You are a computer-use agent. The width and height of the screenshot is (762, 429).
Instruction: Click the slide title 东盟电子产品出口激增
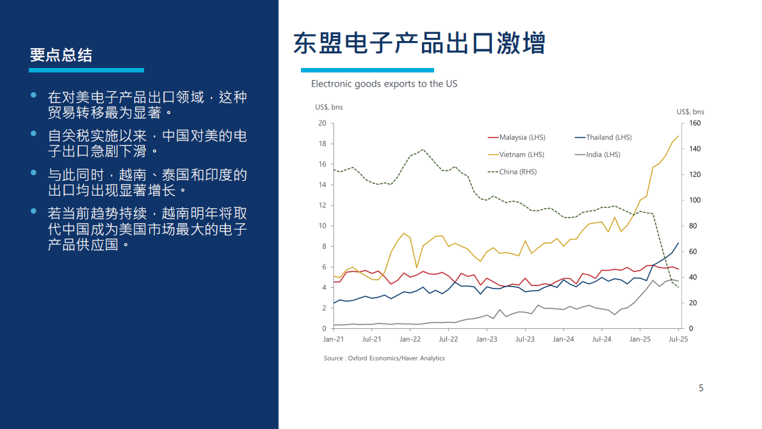pos(419,44)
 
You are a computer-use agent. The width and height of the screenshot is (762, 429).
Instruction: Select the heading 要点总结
pos(61,55)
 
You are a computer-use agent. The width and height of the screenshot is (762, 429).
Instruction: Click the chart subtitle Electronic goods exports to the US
pos(384,84)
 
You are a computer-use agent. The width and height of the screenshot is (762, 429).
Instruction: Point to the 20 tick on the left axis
pos(322,123)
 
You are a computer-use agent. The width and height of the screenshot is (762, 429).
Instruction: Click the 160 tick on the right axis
pos(695,123)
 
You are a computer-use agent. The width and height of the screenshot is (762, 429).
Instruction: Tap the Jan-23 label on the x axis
pos(487,339)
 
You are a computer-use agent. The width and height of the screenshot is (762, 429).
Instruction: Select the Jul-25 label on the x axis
pos(678,339)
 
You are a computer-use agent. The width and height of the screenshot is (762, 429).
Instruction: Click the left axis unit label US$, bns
pos(328,107)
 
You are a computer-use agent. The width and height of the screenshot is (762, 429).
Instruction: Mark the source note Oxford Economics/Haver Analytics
pos(384,358)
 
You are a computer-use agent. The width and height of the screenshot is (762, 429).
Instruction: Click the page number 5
pos(701,388)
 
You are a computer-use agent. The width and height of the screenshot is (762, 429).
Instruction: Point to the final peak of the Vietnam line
pos(679,135)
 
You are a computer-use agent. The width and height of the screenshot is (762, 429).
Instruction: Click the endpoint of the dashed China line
pos(679,287)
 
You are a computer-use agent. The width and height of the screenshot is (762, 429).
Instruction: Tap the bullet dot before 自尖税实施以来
pos(34,134)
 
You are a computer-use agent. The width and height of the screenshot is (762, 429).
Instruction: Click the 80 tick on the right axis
pos(693,226)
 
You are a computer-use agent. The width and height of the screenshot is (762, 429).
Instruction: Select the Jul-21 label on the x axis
pos(371,339)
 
